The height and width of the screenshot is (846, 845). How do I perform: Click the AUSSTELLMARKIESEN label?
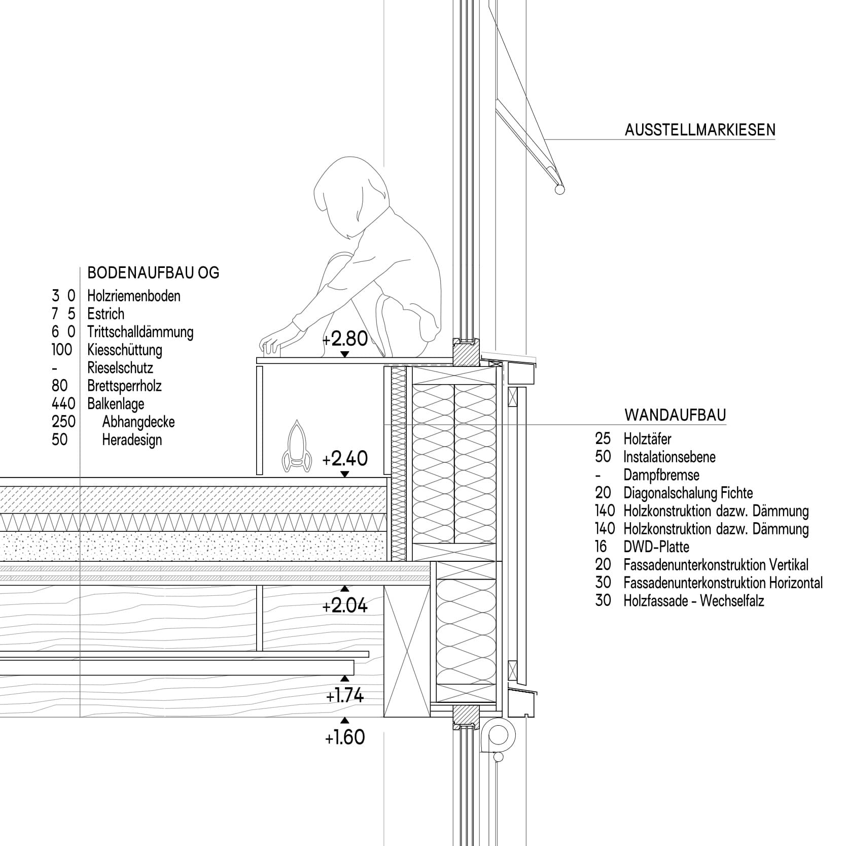coord(699,130)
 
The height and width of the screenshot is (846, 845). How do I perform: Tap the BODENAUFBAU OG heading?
coord(153,273)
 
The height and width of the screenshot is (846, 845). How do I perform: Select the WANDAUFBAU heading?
coord(675,415)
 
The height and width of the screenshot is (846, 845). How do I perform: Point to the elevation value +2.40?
coord(345,458)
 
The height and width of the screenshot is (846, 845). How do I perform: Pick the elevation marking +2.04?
coord(345,605)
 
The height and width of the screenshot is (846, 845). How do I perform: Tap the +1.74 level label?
coord(345,696)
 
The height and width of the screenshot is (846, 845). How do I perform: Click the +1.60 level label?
coord(345,737)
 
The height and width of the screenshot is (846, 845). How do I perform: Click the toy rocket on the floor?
coord(296,447)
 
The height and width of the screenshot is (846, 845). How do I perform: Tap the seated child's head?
coord(350,195)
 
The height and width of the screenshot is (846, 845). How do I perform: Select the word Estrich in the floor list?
coord(105,314)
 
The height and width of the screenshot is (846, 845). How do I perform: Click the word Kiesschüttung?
coord(124,350)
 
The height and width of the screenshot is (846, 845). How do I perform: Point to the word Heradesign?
coord(132,439)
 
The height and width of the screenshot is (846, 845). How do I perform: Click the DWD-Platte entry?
coord(656,547)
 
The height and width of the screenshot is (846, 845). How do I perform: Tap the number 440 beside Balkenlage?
coord(63,403)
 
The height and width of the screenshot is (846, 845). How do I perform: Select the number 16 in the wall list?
coord(602,547)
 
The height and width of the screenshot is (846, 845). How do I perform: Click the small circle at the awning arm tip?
coord(559,189)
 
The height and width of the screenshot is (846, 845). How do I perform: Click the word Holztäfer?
coord(647,439)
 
